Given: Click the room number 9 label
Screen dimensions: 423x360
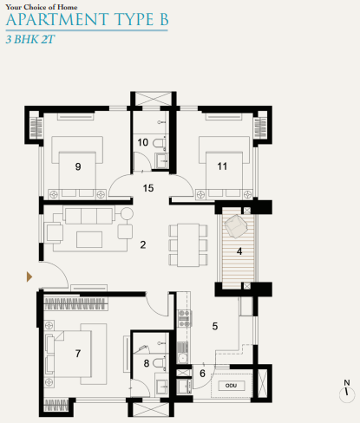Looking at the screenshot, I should (78, 166).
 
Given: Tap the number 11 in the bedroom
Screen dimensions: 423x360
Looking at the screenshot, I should (223, 166).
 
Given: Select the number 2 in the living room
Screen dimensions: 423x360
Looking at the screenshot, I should (142, 244).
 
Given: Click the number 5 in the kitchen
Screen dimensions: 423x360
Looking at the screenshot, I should (215, 326).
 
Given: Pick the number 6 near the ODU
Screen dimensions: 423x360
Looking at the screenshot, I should (203, 373).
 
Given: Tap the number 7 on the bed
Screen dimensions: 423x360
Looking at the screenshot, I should (78, 354).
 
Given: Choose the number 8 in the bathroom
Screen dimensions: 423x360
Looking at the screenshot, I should (147, 363).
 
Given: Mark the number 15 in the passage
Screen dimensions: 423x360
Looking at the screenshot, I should (148, 187).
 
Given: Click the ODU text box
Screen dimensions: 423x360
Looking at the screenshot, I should (230, 381).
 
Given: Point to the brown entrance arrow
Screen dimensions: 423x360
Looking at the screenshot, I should (29, 277).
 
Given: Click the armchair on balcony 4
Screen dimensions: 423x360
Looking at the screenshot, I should (234, 227).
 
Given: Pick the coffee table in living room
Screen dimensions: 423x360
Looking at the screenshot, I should (90, 237).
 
